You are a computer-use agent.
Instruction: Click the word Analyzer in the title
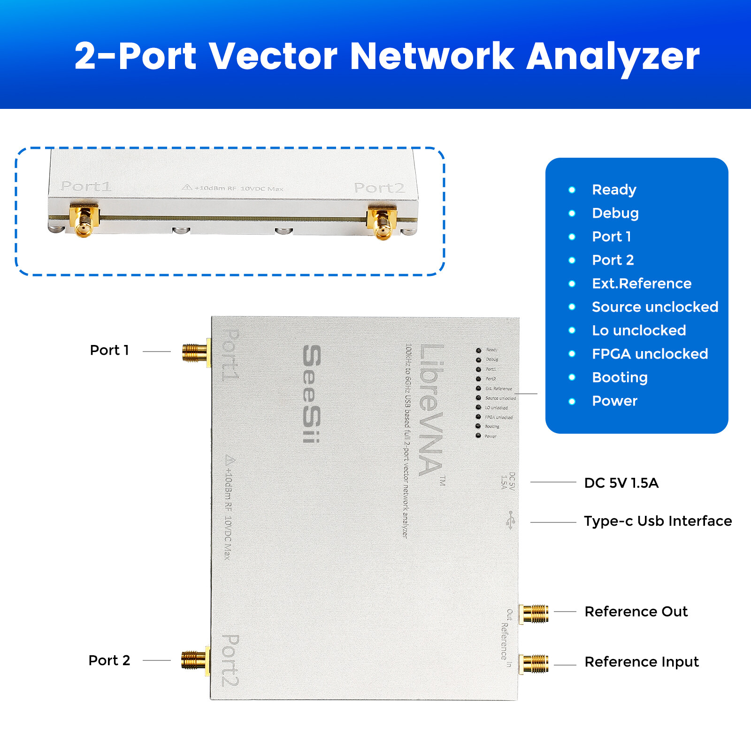[x=613, y=56]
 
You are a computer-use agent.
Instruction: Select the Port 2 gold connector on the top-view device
[x=194, y=660]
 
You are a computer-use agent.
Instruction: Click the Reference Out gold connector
[x=534, y=613]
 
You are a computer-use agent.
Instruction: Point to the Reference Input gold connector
[x=534, y=664]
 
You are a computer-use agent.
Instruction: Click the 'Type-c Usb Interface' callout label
[x=658, y=521]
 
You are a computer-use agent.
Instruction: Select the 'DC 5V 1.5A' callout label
[x=621, y=483]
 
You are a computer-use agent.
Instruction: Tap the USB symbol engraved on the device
[x=511, y=520]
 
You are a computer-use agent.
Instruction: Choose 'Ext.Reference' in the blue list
[x=641, y=284]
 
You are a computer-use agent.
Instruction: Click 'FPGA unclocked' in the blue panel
[x=650, y=354]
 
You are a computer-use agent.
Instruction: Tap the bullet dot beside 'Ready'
[x=572, y=190]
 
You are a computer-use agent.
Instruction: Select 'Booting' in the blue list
[x=620, y=377]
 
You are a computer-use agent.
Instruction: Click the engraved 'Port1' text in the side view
[x=86, y=186]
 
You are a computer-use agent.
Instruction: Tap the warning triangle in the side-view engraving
[x=187, y=187]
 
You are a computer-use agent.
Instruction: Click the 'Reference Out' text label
[x=636, y=612]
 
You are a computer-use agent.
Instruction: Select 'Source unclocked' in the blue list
[x=655, y=307]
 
